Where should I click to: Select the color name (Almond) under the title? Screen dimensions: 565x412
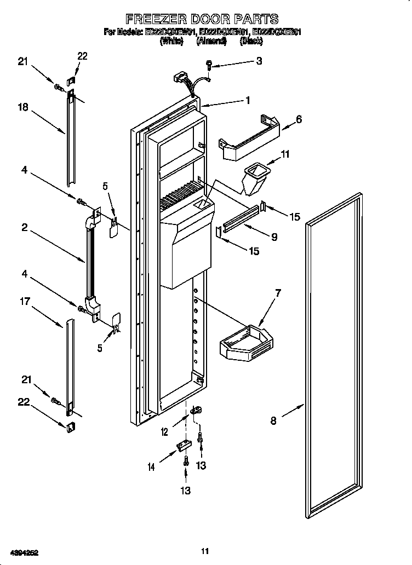pos(211,41)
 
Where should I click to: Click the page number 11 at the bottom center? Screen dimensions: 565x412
pos(205,551)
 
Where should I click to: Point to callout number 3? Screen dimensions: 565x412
pos(259,61)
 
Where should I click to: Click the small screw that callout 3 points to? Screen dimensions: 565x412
pos(210,66)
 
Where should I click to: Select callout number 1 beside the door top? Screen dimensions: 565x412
pos(248,100)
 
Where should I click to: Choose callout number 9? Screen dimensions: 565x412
pos(273,237)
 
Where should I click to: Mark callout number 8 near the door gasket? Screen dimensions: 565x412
pos(273,420)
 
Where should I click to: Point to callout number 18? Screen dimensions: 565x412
pos(22,108)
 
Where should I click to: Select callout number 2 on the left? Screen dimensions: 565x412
pos(25,227)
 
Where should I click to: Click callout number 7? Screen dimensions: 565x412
pos(278,293)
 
